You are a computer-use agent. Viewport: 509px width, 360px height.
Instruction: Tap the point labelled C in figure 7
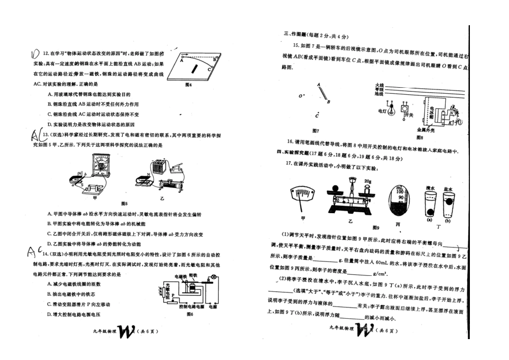[317, 115]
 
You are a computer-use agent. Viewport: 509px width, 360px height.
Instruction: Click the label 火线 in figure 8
[379, 85]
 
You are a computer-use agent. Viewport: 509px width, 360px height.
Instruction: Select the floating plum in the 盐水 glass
[447, 202]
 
